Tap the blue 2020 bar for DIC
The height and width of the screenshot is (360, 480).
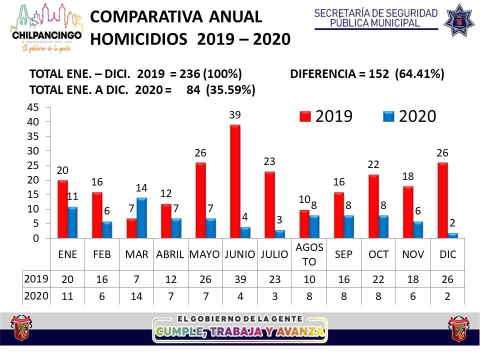[453, 235]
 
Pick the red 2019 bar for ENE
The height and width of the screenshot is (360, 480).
[62, 209]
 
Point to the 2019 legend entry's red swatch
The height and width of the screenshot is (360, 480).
[305, 116]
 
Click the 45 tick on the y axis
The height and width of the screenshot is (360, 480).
[32, 107]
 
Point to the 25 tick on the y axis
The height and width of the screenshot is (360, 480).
[32, 165]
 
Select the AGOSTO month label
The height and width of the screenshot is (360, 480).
[309, 254]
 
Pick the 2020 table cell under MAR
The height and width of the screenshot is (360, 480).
[136, 295]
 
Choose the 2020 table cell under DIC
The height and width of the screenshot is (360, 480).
[448, 295]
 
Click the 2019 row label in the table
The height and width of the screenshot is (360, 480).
[35, 278]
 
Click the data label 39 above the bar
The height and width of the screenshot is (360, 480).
[235, 115]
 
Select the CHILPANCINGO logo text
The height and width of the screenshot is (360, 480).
[45, 35]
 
